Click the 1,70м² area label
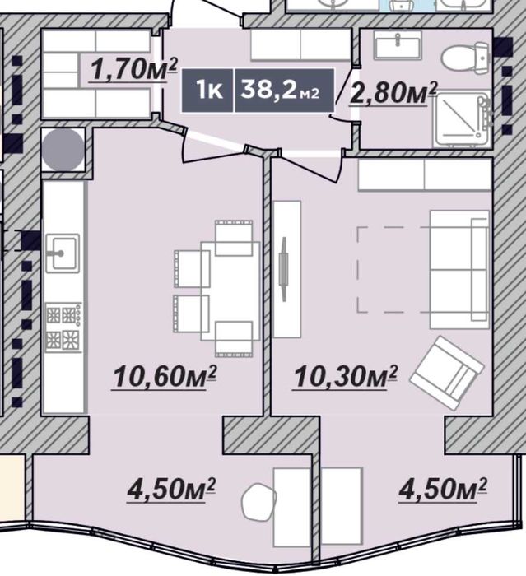133,70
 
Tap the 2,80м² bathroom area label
393,93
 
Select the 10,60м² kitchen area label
165,377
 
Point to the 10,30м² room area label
345,377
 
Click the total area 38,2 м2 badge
284,90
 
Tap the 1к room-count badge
207,90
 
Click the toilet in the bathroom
466,57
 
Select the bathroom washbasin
398,45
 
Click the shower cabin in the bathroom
462,119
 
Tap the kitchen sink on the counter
63,253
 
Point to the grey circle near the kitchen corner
63,150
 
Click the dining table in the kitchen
230,291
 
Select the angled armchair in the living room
447,373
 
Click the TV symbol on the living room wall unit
283,269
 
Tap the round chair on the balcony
258,501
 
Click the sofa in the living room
459,269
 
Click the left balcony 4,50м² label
171,490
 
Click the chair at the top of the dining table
234,238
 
